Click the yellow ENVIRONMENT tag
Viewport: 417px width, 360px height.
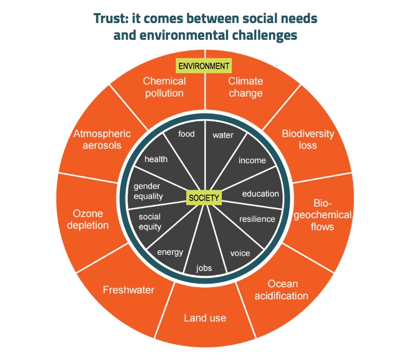point(204,66)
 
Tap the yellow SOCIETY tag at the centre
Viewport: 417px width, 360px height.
point(204,197)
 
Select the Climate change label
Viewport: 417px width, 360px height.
point(245,87)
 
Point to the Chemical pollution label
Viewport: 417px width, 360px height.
point(164,87)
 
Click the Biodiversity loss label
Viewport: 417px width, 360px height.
point(308,139)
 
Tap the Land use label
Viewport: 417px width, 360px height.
point(205,318)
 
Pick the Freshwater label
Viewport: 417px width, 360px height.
point(128,289)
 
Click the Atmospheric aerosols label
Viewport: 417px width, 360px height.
point(102,139)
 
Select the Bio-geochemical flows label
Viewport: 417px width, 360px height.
point(327,215)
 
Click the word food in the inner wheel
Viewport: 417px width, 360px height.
point(186,134)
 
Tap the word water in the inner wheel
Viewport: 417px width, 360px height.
point(223,135)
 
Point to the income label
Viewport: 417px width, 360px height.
point(252,160)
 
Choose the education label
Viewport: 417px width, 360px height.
point(261,194)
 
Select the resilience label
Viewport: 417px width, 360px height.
point(257,219)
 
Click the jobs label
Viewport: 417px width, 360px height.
point(204,268)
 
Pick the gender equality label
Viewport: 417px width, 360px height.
point(149,192)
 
